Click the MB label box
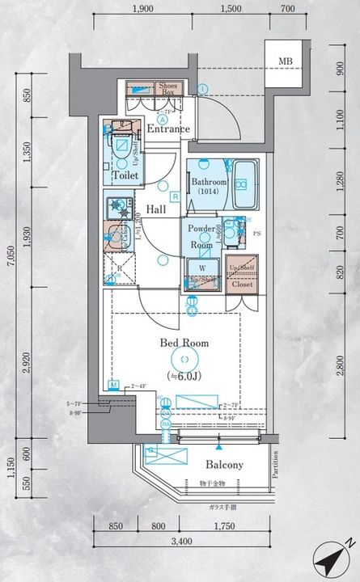[286, 61]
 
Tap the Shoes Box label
[168, 89]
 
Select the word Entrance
[168, 129]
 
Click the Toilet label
[125, 175]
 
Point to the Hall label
[156, 209]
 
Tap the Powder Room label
[202, 236]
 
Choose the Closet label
[242, 284]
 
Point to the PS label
[257, 235]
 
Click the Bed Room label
[184, 343]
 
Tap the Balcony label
[224, 465]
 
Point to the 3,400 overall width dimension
[183, 540]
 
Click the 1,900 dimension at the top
[142, 9]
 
